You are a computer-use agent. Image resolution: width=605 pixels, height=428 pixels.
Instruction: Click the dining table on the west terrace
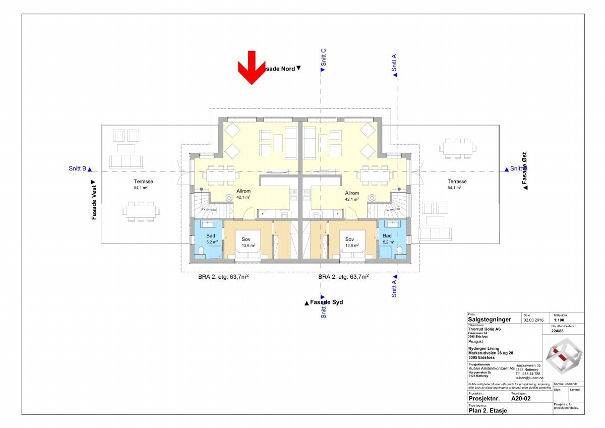(141, 211)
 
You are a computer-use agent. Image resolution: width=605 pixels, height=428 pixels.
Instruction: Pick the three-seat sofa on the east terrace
(435, 234)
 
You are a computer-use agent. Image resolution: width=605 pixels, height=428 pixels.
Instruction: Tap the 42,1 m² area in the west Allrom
(243, 199)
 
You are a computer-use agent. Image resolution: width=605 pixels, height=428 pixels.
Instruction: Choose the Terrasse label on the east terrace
(457, 181)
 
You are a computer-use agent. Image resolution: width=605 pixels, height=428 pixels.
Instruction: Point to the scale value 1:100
(559, 320)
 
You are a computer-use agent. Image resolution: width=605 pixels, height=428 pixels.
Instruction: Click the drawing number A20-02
(520, 399)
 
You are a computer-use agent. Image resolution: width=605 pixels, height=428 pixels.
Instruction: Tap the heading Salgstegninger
(490, 319)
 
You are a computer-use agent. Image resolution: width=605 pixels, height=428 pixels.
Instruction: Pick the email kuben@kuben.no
(529, 378)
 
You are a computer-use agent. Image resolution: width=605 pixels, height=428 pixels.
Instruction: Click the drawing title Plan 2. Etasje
(488, 410)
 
